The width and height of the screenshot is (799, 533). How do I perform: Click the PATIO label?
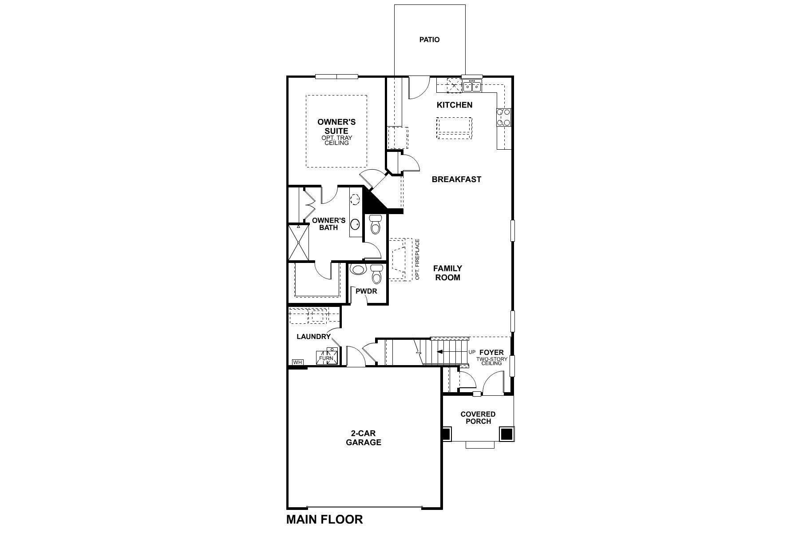pos(429,40)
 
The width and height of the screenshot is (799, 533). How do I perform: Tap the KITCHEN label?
pos(455,105)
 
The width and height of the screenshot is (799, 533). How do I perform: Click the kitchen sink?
pos(471,86)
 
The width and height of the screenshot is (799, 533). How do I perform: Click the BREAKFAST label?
pos(456,179)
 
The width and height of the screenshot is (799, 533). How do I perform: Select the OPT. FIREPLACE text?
pos(417,259)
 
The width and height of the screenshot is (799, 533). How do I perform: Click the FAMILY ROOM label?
pos(447,273)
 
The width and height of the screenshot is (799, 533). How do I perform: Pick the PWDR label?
pos(366,291)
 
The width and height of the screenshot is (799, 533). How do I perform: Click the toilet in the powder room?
pos(376,274)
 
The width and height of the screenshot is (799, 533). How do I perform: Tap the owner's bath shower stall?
pos(298,243)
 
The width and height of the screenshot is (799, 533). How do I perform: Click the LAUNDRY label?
pos(313,337)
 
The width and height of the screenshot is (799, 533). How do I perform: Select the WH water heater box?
pos(297,362)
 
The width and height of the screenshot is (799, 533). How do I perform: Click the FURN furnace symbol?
pos(326,358)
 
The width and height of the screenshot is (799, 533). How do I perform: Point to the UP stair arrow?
pos(448,352)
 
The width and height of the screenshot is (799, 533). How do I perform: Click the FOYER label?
pos(491,353)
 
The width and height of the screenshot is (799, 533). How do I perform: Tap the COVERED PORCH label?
pos(478,418)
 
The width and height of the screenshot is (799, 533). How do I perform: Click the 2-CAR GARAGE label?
pos(364,438)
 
